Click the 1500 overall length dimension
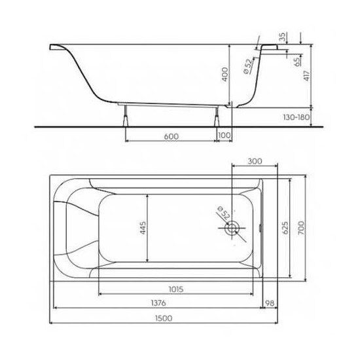164,319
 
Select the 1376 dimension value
158,303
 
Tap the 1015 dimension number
176,289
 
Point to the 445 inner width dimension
143,228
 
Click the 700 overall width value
302,228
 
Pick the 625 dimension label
285,228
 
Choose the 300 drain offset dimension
255,162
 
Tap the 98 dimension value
270,303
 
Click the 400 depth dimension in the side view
225,74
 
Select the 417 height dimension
307,76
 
